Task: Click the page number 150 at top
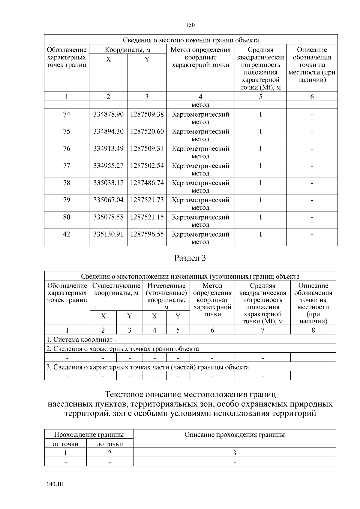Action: (190, 25)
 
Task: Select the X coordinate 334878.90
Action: (108, 115)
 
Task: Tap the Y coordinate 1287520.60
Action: (147, 132)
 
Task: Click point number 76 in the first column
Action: (67, 149)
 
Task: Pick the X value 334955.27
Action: (108, 166)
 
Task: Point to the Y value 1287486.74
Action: (147, 183)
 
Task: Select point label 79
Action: (67, 200)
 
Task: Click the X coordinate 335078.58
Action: (108, 217)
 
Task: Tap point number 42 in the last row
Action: (67, 234)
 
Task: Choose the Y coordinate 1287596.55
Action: (147, 234)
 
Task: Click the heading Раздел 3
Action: (190, 258)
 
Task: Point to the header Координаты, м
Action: (127, 50)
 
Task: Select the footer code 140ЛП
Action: (55, 484)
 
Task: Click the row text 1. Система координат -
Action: (81, 340)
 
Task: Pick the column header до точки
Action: (110, 444)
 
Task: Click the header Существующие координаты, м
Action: (116, 289)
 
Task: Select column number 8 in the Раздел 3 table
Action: (313, 330)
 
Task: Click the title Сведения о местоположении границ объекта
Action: (191, 40)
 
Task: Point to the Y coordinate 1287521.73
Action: (147, 200)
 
